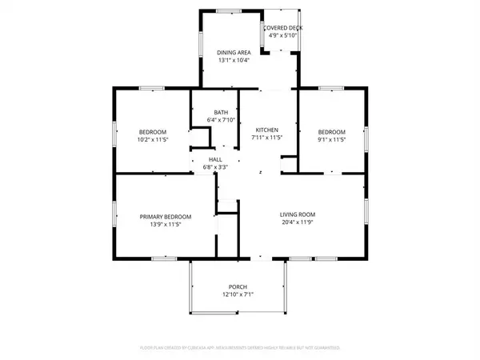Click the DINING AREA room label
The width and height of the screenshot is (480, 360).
tap(235, 52)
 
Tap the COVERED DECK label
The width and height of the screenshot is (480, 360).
tap(283, 27)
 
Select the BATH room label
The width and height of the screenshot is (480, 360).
tap(222, 112)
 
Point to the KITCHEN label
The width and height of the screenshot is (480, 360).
tap(266, 130)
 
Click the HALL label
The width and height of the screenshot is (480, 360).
tap(215, 159)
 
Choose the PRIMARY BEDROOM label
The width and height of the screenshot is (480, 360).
tap(166, 217)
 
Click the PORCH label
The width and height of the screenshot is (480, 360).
tap(238, 287)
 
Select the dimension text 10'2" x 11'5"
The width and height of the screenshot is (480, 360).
tap(153, 139)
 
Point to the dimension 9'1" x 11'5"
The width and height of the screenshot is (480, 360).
tap(331, 139)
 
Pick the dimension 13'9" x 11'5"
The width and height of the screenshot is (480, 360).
tap(166, 225)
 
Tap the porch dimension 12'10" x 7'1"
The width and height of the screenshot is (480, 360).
tap(238, 295)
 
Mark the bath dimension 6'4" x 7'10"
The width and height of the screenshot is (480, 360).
tap(222, 120)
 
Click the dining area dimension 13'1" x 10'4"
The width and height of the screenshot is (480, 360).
tap(235, 60)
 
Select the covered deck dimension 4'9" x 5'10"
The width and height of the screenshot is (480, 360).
tap(283, 34)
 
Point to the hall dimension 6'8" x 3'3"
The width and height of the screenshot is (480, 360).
tap(215, 166)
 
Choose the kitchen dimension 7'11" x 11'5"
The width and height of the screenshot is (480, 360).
tap(266, 138)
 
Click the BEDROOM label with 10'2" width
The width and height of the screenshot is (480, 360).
tap(153, 131)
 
